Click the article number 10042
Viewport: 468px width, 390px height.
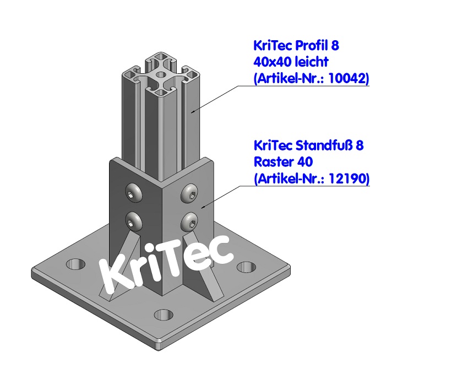[348, 79]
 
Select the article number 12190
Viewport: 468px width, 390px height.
[348, 178]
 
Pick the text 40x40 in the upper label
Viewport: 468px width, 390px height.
[271, 62]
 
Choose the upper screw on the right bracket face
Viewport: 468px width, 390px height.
[189, 191]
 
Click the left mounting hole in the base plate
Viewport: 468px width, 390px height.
[76, 264]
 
